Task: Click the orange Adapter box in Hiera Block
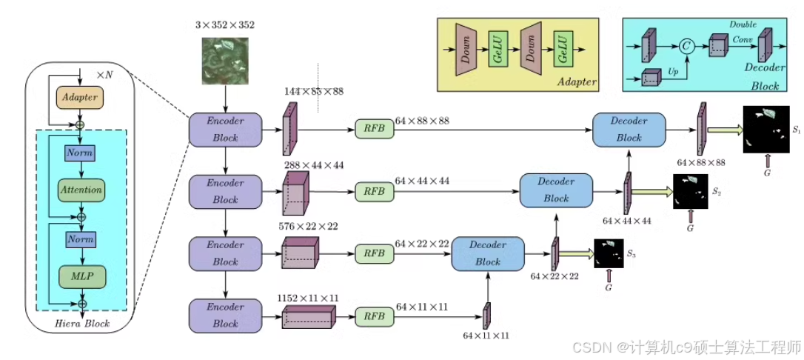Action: tap(79, 97)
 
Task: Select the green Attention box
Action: tap(81, 190)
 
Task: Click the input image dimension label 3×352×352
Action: tap(224, 24)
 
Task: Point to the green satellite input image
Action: tap(225, 61)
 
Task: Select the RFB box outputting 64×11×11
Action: tap(375, 317)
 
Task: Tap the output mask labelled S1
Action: tap(765, 129)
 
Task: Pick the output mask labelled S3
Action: tap(609, 253)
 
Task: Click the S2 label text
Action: tap(717, 191)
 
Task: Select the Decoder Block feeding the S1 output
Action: tap(629, 129)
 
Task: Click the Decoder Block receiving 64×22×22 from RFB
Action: tap(488, 253)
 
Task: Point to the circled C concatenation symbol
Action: tap(686, 47)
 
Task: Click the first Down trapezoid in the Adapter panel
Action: tap(466, 50)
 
